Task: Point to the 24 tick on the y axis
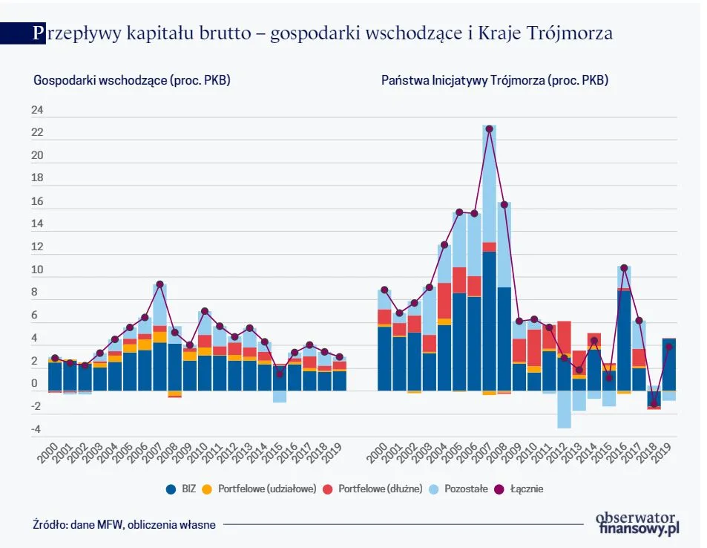37,111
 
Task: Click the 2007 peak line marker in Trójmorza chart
489,129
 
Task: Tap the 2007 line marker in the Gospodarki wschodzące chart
160,284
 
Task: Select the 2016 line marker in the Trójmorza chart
624,267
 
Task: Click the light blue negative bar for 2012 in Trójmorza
564,409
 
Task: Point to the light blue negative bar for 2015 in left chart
280,397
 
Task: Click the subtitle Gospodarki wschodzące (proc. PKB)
132,80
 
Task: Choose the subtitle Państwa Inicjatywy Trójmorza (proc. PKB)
495,80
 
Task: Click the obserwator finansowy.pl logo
638,523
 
